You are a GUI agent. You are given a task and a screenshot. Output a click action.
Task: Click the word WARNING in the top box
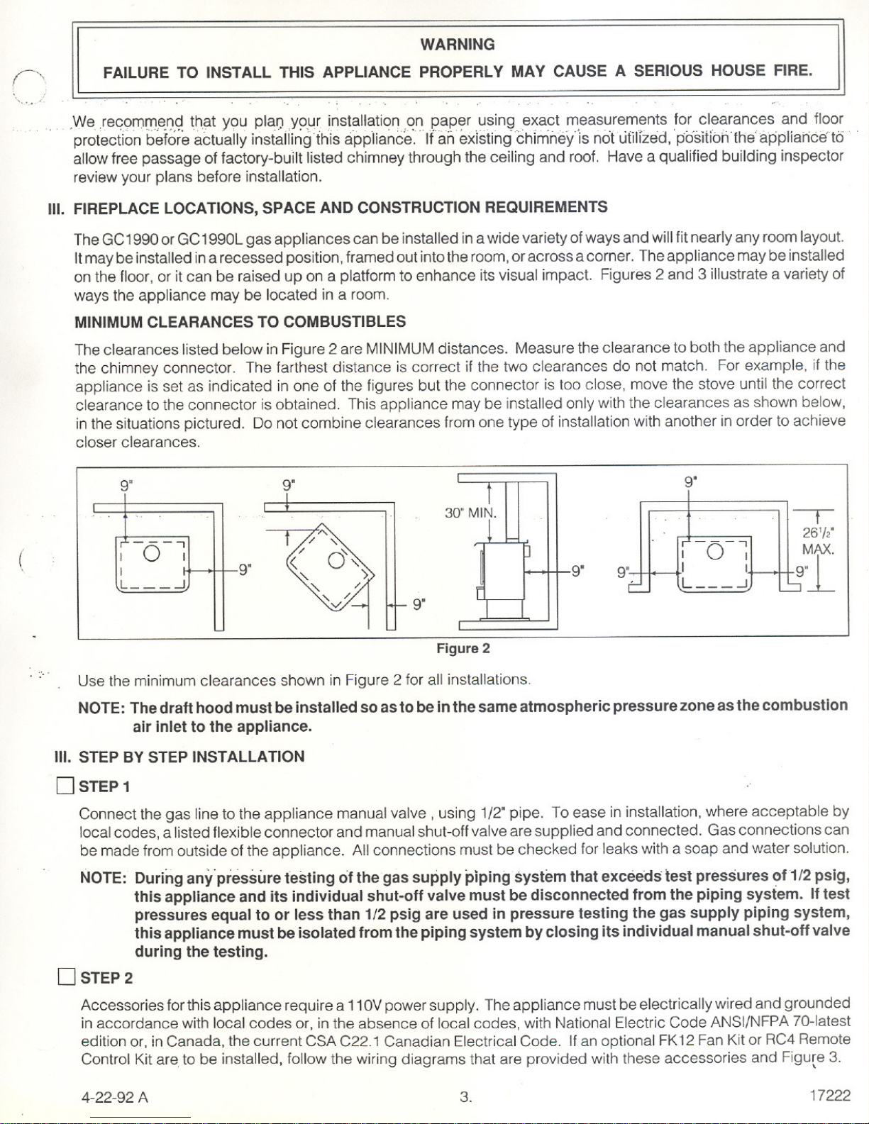click(x=458, y=45)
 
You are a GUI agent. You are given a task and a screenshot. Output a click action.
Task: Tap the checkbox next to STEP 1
click(x=65, y=786)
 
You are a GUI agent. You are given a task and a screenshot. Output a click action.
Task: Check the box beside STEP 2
click(x=66, y=977)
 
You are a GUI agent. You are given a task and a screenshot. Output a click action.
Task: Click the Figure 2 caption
click(x=463, y=649)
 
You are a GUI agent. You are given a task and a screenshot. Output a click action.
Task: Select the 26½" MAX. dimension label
click(x=819, y=541)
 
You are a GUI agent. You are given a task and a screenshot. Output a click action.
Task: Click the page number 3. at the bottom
click(x=465, y=1096)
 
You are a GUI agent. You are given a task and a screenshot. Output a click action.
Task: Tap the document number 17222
click(x=830, y=1095)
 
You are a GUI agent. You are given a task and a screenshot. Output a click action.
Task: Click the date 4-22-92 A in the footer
click(x=115, y=1097)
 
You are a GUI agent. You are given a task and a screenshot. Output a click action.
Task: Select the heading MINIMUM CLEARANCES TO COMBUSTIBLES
click(x=240, y=322)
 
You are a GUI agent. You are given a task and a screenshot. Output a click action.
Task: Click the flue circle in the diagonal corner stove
click(x=336, y=560)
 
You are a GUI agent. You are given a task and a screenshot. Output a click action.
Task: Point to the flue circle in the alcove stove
click(x=715, y=552)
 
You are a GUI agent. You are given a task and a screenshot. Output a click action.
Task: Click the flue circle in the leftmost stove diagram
click(x=152, y=553)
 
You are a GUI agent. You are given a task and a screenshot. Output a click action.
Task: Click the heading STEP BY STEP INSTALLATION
click(x=192, y=757)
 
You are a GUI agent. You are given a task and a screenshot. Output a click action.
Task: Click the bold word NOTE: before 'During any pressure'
click(x=104, y=879)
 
